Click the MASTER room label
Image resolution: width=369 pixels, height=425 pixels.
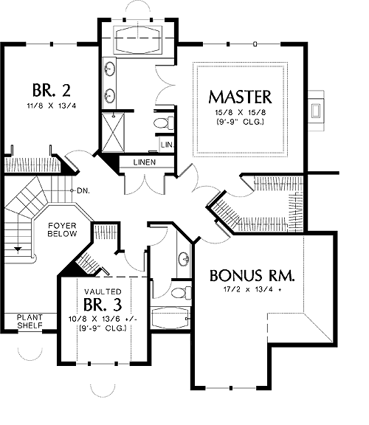(240, 97)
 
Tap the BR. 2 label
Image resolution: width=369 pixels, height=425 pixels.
(52, 90)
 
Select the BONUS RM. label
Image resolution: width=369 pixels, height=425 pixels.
(252, 275)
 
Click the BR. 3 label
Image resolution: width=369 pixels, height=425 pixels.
(103, 304)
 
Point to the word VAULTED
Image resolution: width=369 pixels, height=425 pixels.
(103, 291)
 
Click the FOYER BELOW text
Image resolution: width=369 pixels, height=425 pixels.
(62, 229)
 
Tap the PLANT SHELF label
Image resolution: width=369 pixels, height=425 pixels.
(30, 321)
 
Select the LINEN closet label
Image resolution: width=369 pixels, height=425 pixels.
(145, 162)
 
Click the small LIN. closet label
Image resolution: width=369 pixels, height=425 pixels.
(167, 145)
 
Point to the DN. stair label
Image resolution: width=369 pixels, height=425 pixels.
(83, 191)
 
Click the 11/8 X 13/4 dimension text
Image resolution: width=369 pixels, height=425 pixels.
(52, 106)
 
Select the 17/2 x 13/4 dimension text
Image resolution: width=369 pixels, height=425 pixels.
(252, 289)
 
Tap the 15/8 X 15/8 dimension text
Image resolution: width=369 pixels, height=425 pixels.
(240, 112)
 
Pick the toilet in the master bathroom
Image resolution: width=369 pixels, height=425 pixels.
(164, 123)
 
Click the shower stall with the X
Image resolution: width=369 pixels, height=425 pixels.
(113, 132)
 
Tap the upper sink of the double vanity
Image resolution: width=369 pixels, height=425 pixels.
(110, 69)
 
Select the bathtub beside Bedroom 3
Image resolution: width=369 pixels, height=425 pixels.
(170, 318)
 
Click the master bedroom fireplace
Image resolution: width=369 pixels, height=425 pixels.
(316, 111)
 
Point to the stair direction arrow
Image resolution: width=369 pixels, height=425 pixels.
(18, 249)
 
